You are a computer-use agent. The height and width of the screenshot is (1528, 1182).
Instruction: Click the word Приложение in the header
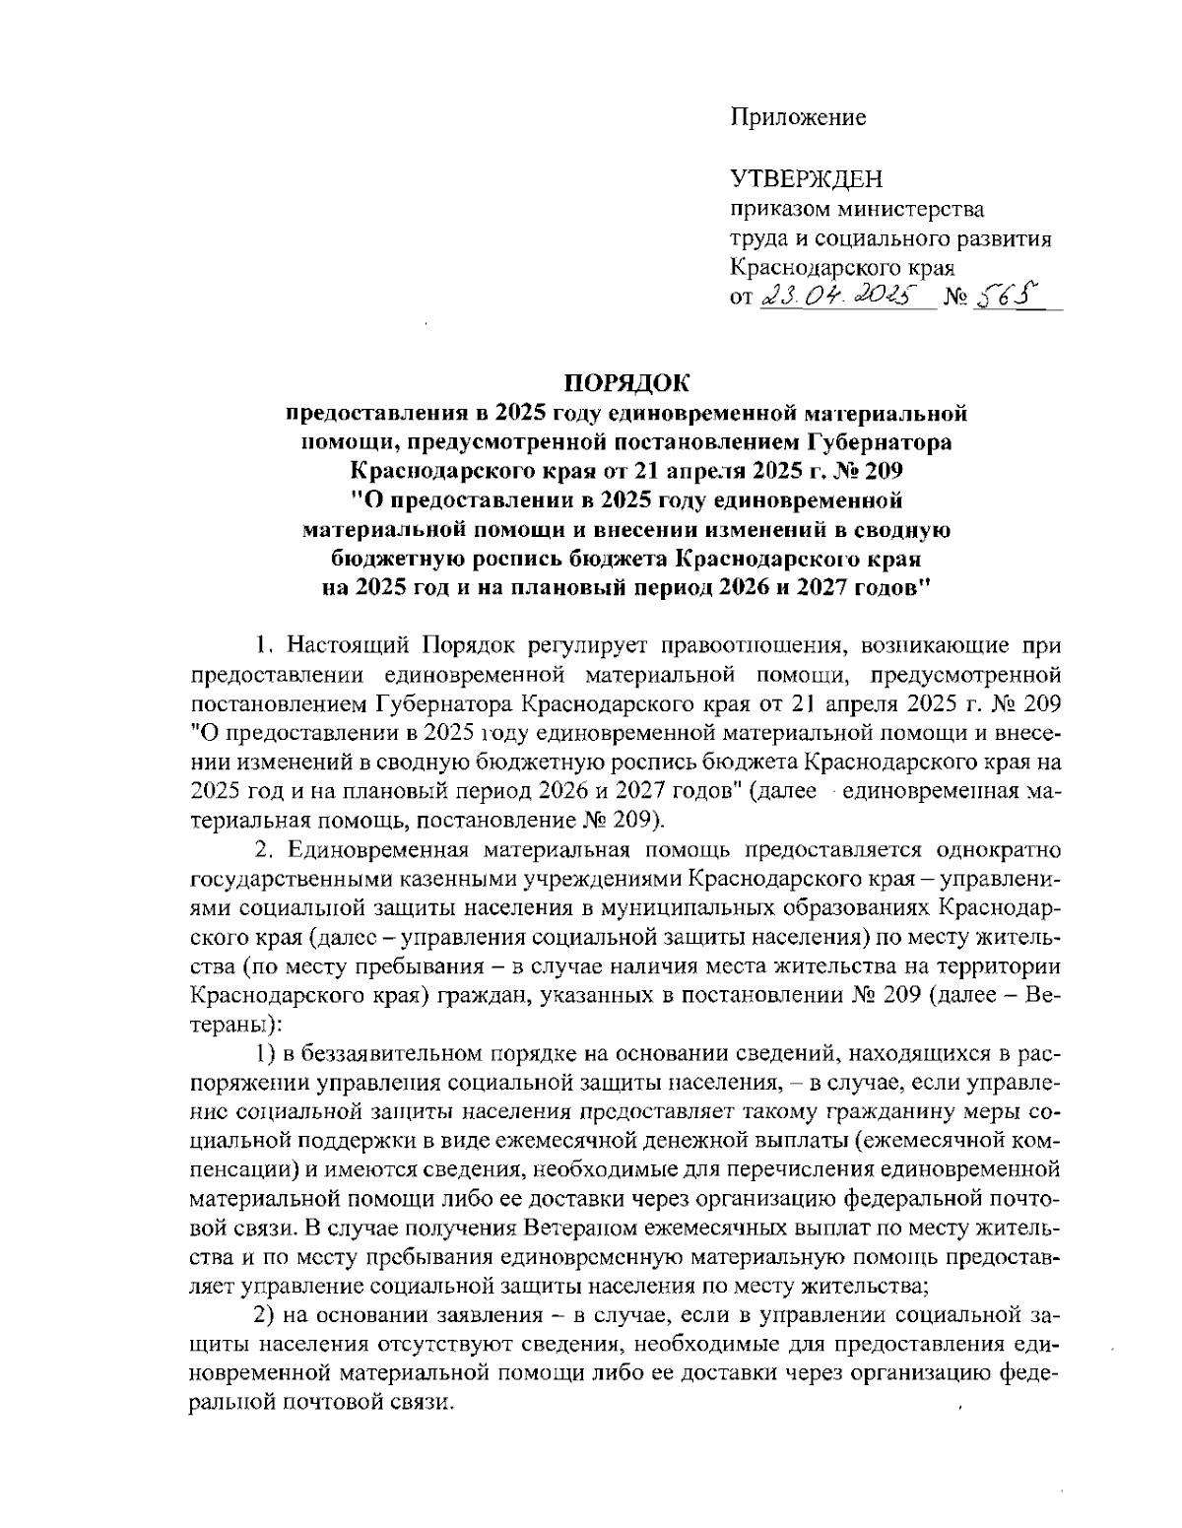point(798,118)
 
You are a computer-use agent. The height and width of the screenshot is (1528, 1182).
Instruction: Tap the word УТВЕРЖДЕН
point(807,179)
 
